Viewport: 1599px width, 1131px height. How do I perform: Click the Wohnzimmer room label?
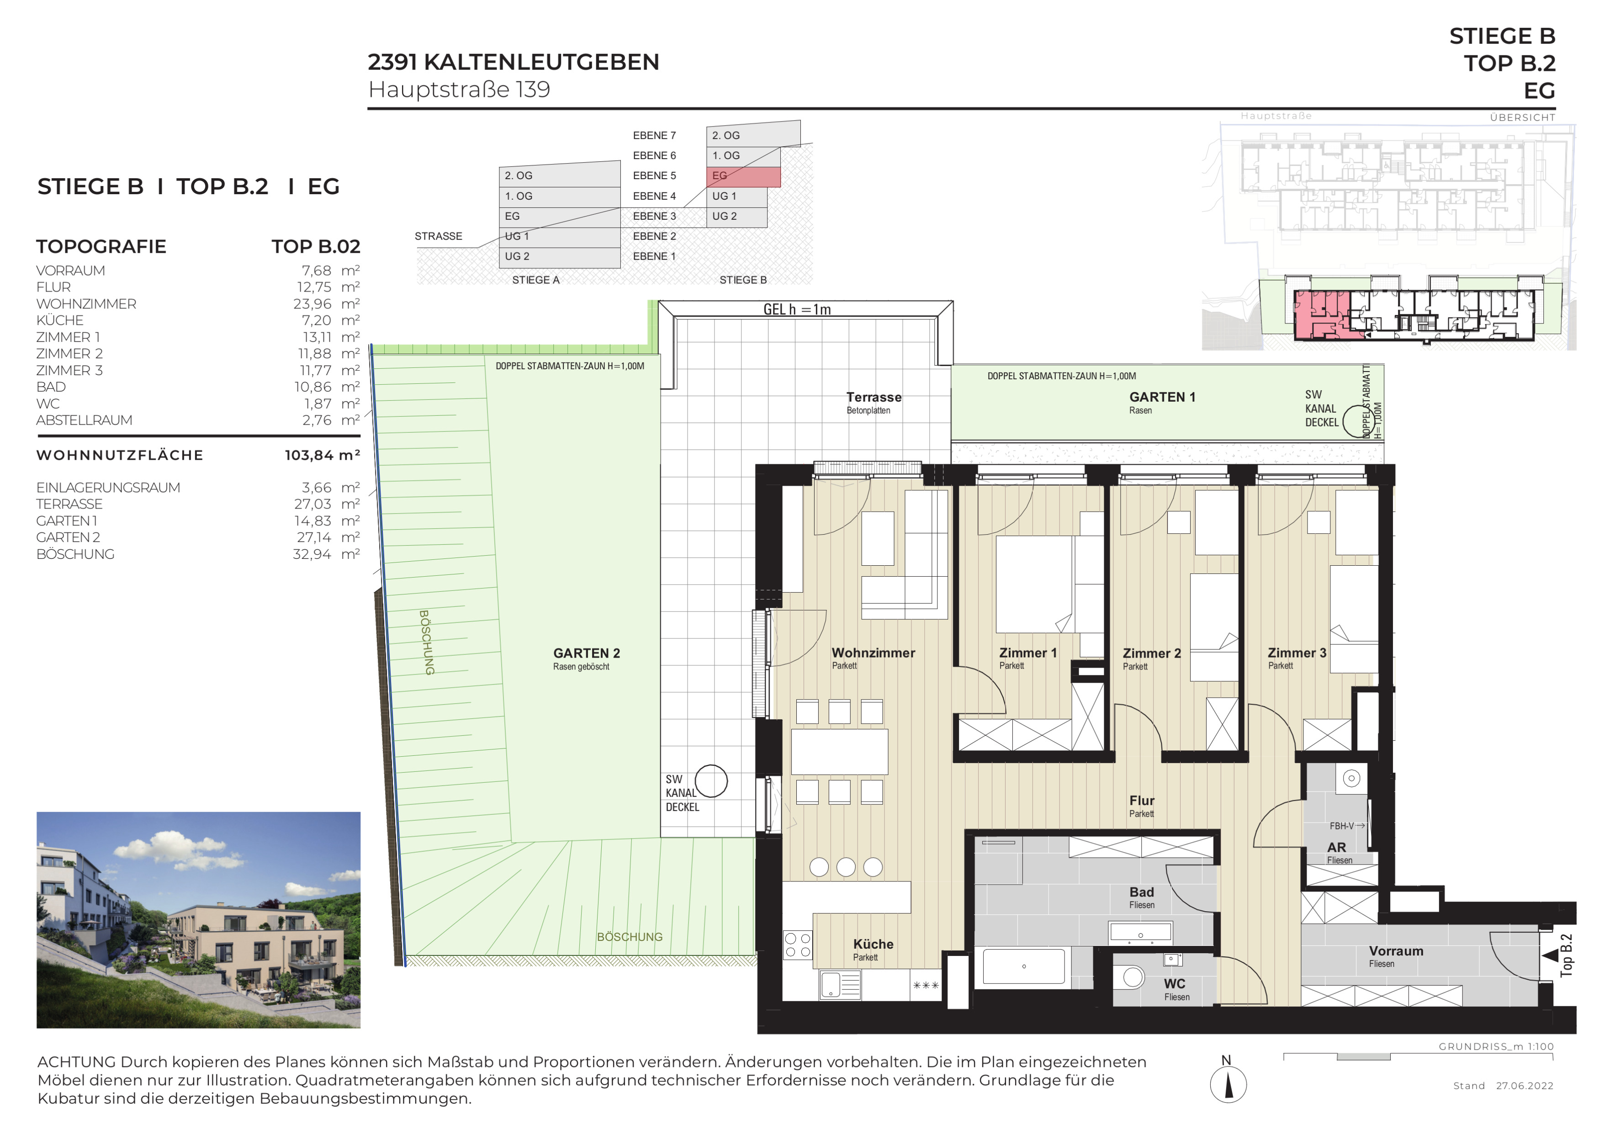(x=873, y=653)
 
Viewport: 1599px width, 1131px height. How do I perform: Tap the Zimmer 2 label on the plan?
(x=1152, y=653)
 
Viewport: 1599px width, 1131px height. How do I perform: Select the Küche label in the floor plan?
(x=874, y=945)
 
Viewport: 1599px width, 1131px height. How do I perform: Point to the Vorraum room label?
(x=1396, y=951)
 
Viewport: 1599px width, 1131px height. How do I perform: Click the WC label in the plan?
(x=1174, y=984)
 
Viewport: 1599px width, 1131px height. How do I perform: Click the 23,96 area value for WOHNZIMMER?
(x=312, y=303)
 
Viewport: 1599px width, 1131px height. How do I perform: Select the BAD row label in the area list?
(x=51, y=387)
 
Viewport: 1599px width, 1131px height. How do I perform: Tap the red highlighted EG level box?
(x=743, y=176)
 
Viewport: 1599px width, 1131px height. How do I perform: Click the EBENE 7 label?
(x=654, y=136)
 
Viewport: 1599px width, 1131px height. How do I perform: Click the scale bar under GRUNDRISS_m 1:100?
(x=1418, y=1057)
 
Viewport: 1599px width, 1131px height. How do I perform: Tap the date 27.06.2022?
(x=1525, y=1086)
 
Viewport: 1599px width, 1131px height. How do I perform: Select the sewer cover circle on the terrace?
(x=711, y=781)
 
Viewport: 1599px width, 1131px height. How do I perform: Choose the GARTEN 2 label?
(x=587, y=653)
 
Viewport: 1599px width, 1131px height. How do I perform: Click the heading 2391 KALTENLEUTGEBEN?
(x=513, y=62)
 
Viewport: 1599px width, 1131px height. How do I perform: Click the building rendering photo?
(x=198, y=920)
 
